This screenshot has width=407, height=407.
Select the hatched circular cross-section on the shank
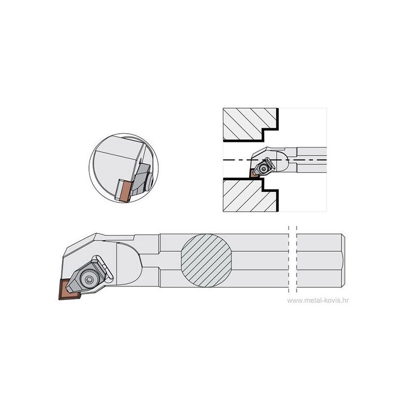coord(207,260)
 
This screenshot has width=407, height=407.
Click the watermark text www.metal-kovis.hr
coord(318,300)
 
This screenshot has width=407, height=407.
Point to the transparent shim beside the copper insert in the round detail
coord(118,189)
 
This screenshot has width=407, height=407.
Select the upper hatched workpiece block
coord(250,124)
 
